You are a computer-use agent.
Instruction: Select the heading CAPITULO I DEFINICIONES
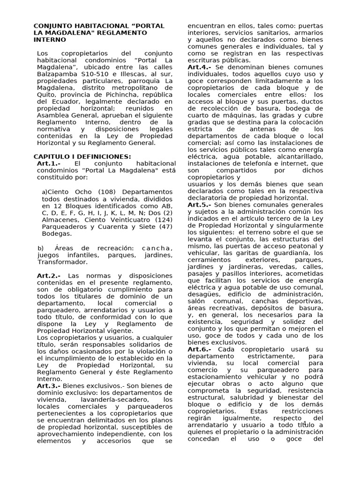[82, 157]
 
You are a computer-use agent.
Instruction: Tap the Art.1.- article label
[49, 163]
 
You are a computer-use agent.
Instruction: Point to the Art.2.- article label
[49, 276]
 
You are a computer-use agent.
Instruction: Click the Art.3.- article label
[49, 385]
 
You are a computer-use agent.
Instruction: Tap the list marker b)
[41, 248]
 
